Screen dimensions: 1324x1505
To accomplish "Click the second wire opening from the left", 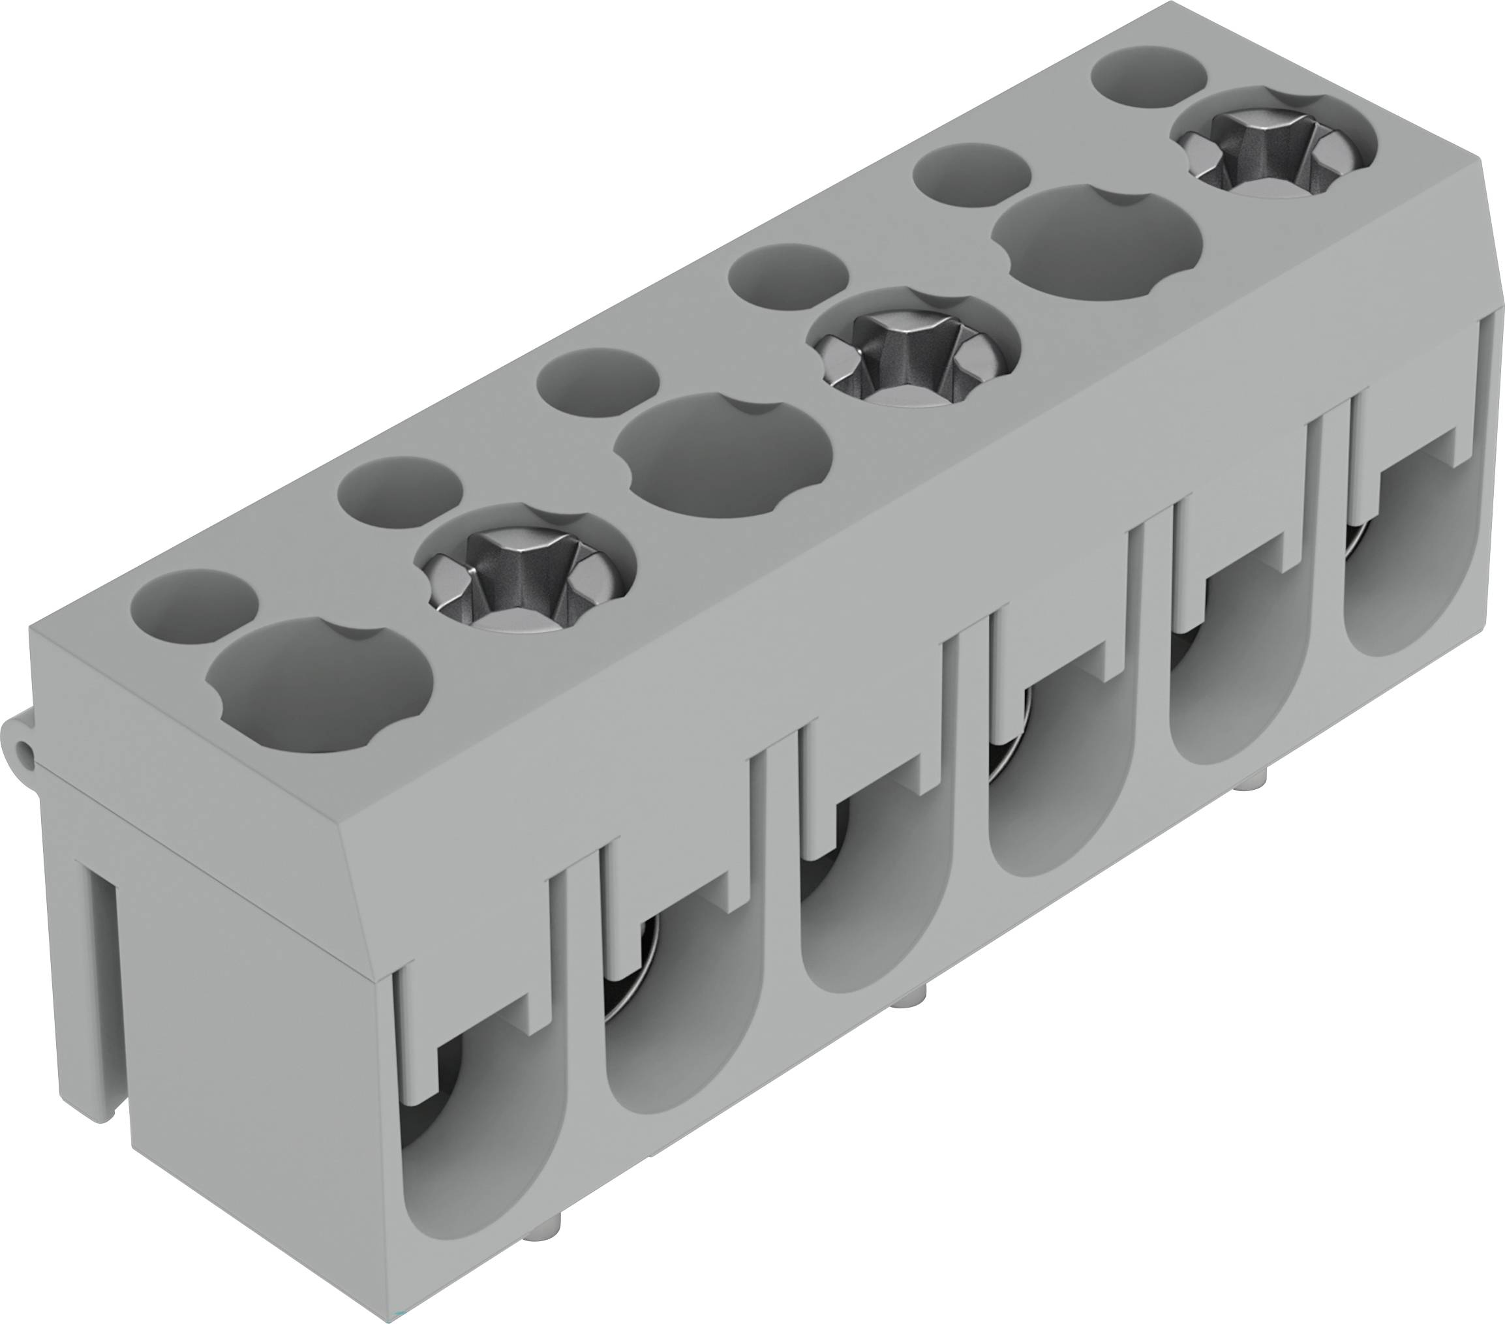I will [674, 1031].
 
